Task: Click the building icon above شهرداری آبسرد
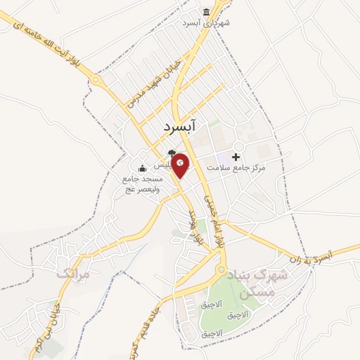pos(206,12)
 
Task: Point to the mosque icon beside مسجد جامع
pos(142,168)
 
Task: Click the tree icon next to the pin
pos(171,153)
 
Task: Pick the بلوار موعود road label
pos(194,226)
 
